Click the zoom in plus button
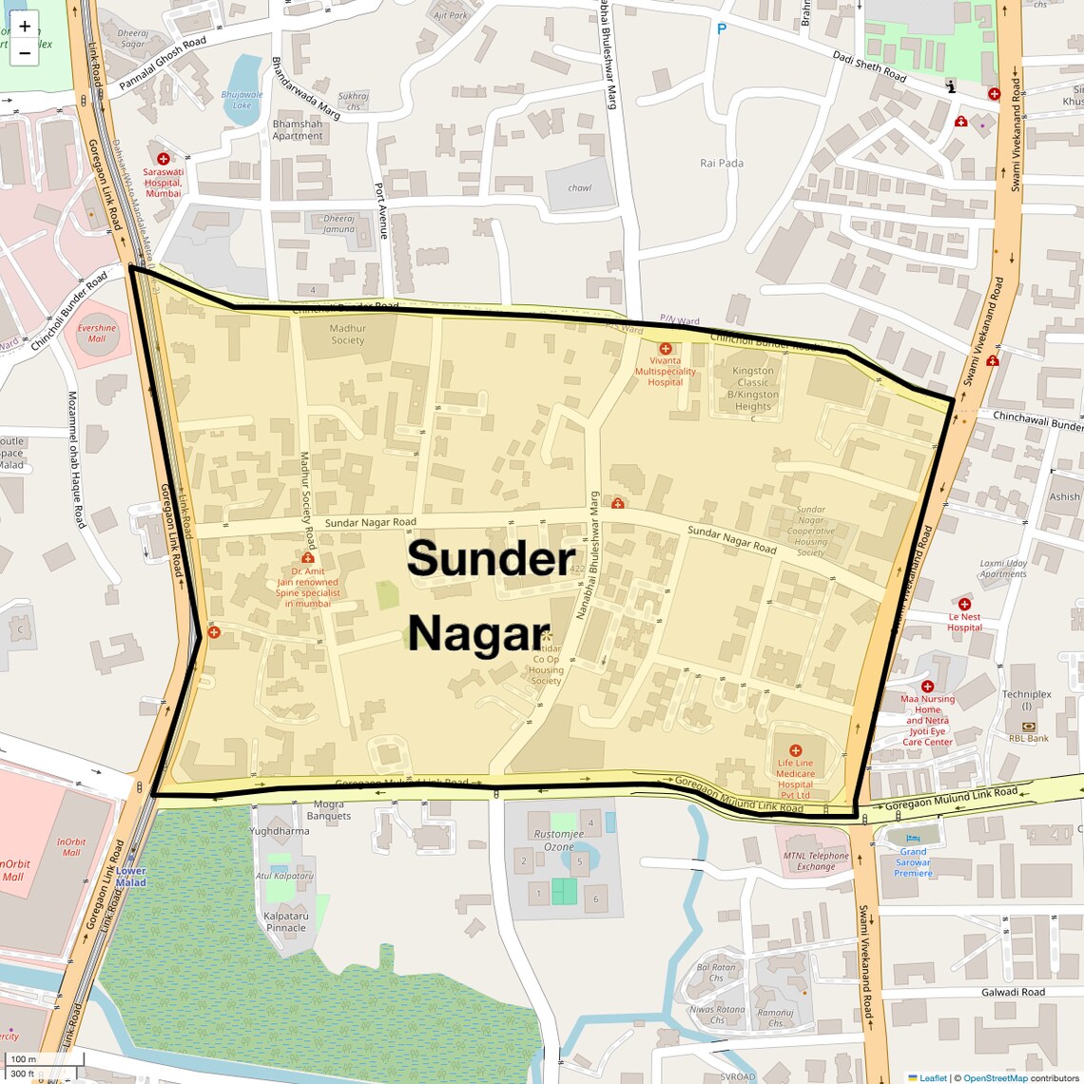(25, 26)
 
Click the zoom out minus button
(25, 53)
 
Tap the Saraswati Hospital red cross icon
(164, 159)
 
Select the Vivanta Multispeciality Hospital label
(665, 371)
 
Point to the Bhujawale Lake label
(242, 100)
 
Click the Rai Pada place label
(722, 163)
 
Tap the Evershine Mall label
(97, 333)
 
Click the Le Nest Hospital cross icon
(964, 604)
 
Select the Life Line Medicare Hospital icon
(796, 750)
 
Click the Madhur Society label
(348, 334)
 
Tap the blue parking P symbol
(721, 29)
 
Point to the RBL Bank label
(1029, 738)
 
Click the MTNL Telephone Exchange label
(816, 861)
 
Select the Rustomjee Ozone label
(559, 841)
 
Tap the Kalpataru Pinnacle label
(286, 921)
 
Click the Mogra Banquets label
(329, 810)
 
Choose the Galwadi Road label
(1013, 992)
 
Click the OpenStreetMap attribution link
(996, 1077)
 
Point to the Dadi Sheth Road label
(869, 66)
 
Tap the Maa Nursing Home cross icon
(927, 686)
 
